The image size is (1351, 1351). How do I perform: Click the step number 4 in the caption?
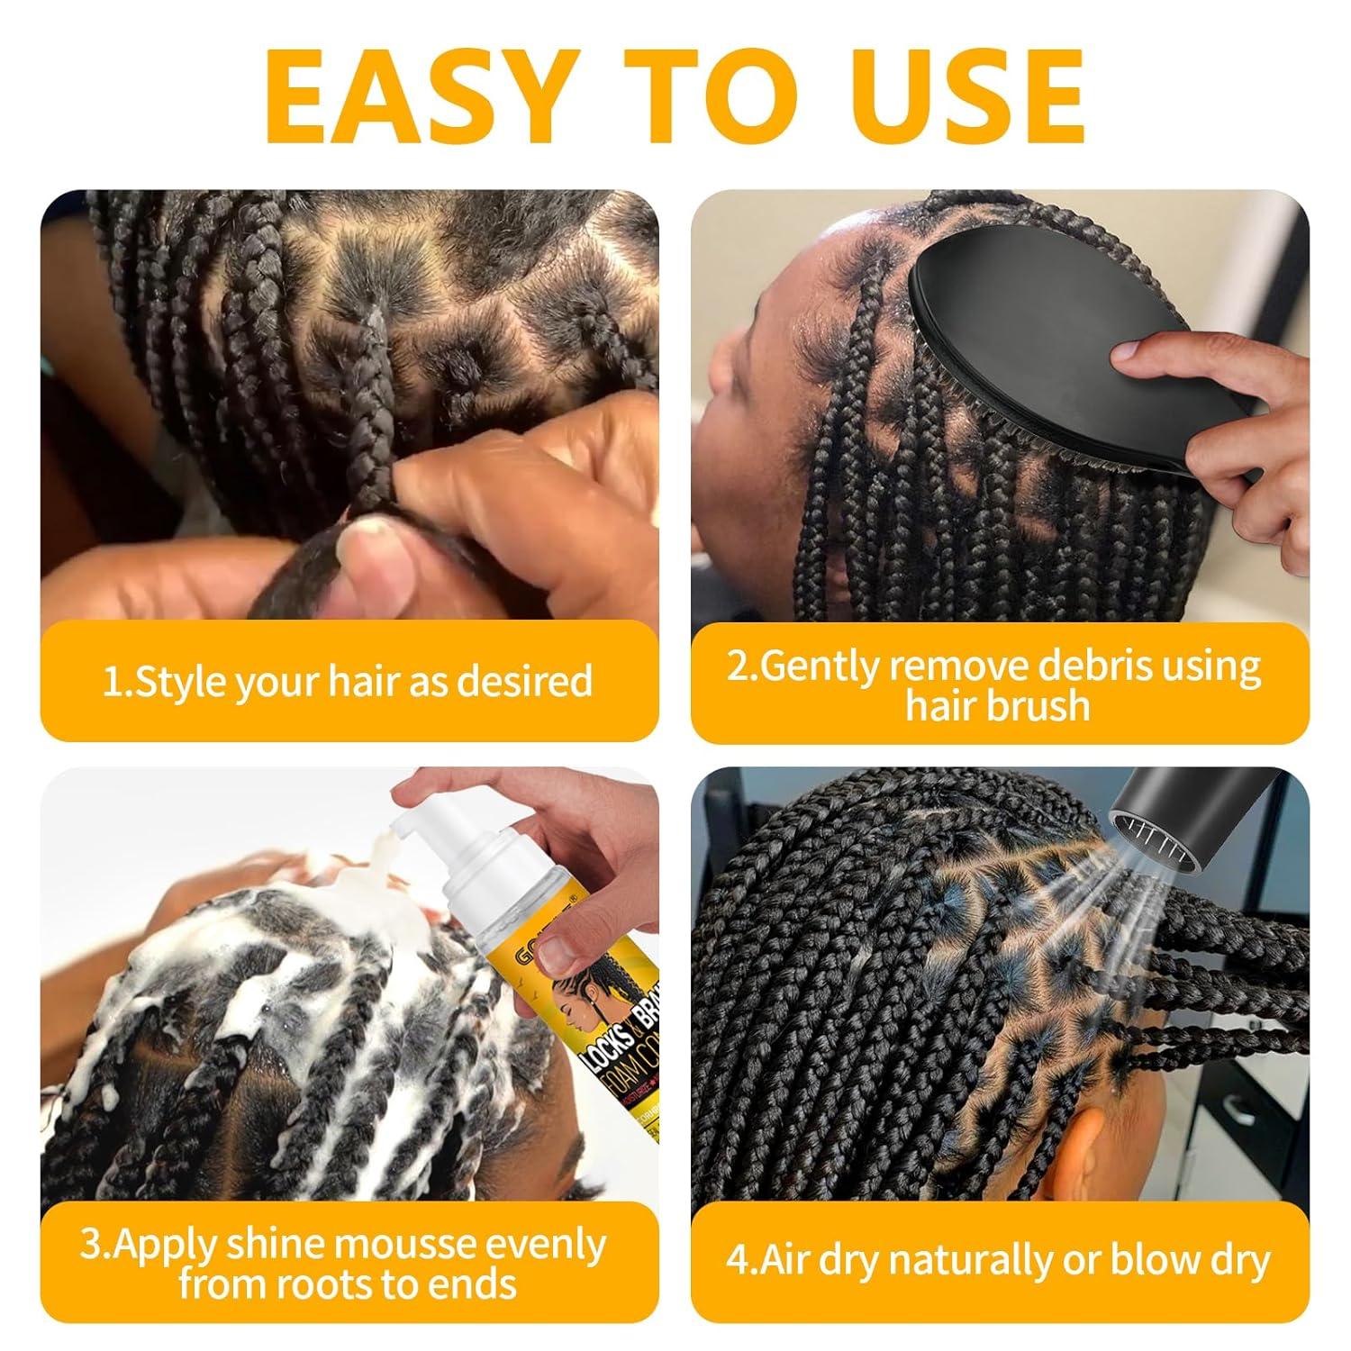738,1259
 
